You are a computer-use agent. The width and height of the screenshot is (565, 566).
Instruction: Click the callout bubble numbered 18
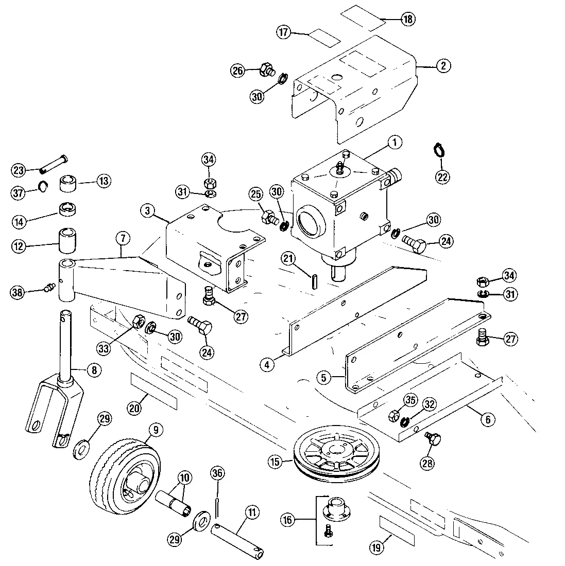pyautogui.click(x=407, y=20)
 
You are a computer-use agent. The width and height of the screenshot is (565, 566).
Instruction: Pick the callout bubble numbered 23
pyautogui.click(x=19, y=170)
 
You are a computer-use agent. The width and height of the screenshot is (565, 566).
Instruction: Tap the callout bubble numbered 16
pyautogui.click(x=287, y=520)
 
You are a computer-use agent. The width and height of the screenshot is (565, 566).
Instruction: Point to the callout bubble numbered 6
pyautogui.click(x=487, y=419)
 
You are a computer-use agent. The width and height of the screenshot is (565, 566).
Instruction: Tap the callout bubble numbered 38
pyautogui.click(x=18, y=292)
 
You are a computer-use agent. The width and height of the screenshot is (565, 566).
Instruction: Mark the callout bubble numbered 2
pyautogui.click(x=443, y=65)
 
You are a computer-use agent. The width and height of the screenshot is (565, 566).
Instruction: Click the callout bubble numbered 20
pyautogui.click(x=135, y=408)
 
